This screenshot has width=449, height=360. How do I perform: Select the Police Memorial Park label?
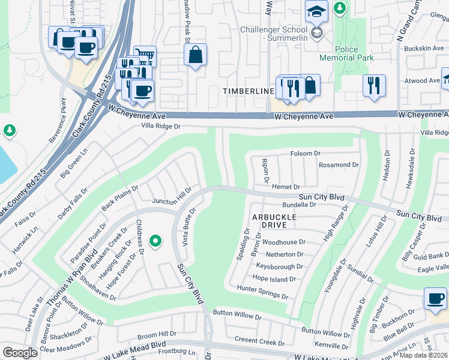pyautogui.click(x=354, y=53)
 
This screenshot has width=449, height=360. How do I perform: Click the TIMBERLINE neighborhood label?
pyautogui.click(x=248, y=91)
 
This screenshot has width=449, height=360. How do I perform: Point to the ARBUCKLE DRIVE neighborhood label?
pyautogui.click(x=274, y=220)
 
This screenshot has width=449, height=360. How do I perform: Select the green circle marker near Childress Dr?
pyautogui.click(x=155, y=241)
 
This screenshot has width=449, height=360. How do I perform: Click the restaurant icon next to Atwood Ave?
pyautogui.click(x=373, y=85)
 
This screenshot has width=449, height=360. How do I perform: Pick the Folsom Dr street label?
pyautogui.click(x=306, y=154)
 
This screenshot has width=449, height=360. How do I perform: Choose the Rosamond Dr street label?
pyautogui.click(x=339, y=165)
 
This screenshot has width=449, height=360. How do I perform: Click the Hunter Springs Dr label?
pyautogui.click(x=263, y=289)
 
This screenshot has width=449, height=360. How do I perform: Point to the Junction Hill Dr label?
pyautogui.click(x=172, y=196)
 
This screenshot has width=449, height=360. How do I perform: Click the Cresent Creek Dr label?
pyautogui.click(x=259, y=342)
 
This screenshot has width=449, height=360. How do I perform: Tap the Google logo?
pyautogui.click(x=20, y=353)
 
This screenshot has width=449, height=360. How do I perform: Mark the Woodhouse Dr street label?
pyautogui.click(x=284, y=242)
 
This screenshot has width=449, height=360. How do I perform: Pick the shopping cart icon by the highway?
pyautogui.click(x=145, y=56)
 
